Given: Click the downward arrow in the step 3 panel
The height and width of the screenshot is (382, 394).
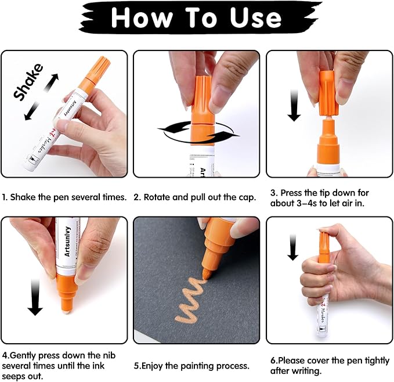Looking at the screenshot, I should [294, 109].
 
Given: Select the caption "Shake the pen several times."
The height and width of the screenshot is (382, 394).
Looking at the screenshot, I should [68, 197].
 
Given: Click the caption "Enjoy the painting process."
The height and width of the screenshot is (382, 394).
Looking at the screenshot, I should [196, 366].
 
